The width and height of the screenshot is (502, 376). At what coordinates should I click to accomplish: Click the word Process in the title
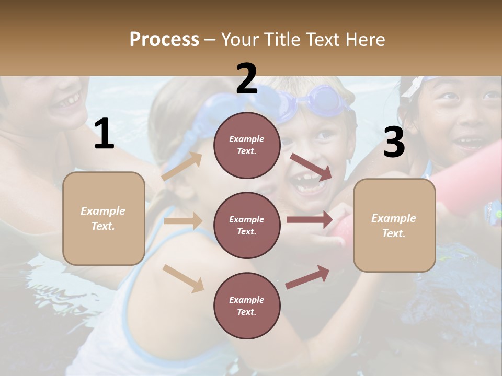coord(164,39)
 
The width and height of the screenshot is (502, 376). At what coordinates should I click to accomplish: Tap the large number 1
coord(104,134)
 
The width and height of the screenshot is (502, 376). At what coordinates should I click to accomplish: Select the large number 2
coord(246,79)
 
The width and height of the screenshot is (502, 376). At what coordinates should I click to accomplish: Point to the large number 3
coord(394,143)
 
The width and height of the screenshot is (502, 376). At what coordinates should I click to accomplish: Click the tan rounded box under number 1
coord(104,218)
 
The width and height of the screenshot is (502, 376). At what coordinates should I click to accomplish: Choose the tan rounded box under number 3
coord(394,225)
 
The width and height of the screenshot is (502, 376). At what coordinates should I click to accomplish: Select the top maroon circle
coord(247,145)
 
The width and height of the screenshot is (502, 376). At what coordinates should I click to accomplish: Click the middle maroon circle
coord(247,225)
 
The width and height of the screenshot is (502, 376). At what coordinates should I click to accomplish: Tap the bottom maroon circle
coord(247,305)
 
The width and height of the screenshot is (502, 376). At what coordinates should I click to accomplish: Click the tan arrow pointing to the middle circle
coord(183,221)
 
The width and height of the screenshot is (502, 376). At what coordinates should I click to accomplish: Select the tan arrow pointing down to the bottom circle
coord(183,278)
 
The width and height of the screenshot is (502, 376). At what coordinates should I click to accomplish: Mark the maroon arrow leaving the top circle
coord(311,167)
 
